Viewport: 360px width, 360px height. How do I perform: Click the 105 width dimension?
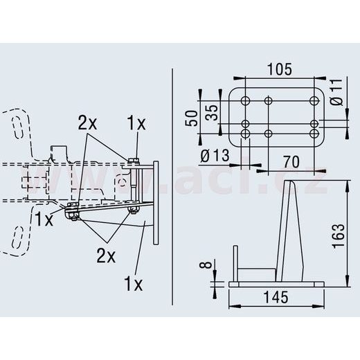pyautogui.click(x=279, y=69)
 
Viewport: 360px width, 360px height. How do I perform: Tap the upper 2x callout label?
pyautogui.click(x=87, y=123)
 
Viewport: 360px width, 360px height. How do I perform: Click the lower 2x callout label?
pyautogui.click(x=106, y=254)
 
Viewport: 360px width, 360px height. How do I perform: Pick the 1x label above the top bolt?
pyautogui.click(x=136, y=123)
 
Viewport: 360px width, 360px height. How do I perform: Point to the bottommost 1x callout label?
pyautogui.click(x=133, y=284)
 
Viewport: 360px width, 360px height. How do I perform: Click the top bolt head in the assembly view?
pyautogui.click(x=134, y=163)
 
